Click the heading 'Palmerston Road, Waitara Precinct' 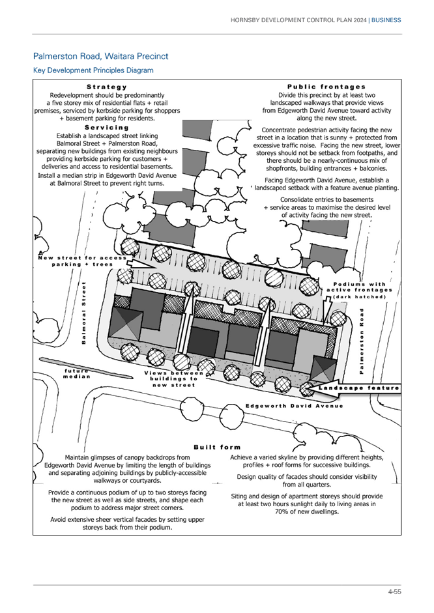tap(100, 56)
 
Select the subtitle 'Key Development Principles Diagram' tap(93, 70)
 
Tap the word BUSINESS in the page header tap(386, 20)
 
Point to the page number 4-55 tap(394, 592)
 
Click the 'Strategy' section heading tap(107, 87)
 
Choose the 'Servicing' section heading tap(107, 128)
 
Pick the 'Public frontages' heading tap(326, 87)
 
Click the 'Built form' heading tap(217, 448)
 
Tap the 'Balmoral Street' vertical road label tap(83, 313)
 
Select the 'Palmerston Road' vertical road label tap(362, 341)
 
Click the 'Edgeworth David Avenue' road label tap(294, 406)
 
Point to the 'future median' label tap(77, 373)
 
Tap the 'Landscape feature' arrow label tap(358, 388)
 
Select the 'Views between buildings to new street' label tap(173, 379)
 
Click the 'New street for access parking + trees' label tap(82, 261)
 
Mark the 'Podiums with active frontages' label tap(359, 287)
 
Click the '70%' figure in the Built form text tap(282, 512)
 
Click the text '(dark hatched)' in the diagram tap(359, 296)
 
